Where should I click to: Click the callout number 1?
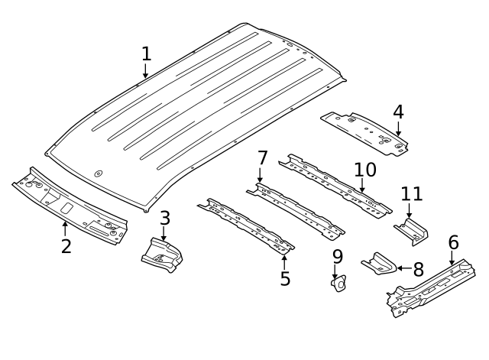coord(146,54)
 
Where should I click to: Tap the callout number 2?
coord(66,246)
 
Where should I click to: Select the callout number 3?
coord(164,218)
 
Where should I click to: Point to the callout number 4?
coord(398,112)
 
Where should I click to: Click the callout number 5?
coord(285,279)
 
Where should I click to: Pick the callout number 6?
coord(453,242)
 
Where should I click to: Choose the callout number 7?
coord(262,158)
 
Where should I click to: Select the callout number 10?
coord(365,169)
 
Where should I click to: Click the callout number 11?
coord(411,195)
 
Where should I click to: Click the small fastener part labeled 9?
coord(337,284)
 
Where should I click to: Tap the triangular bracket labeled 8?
coord(378,264)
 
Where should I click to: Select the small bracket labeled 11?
coord(411,229)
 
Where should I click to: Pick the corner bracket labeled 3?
coord(162,255)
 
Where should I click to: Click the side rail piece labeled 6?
coord(430,287)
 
